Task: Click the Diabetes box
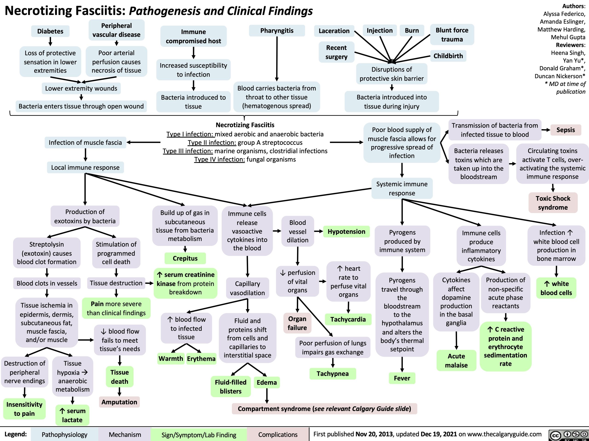50,31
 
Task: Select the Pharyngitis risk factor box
277,31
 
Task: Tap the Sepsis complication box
566,130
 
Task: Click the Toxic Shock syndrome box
553,203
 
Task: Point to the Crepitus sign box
185,258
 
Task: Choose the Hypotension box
346,231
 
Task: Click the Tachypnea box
332,373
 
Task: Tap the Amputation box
119,402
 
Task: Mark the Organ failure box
297,323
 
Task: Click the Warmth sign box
171,358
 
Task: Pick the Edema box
266,382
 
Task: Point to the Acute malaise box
456,360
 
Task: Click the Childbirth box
448,56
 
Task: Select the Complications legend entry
278,435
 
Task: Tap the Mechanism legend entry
125,435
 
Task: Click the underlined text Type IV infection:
219,159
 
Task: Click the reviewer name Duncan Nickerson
560,76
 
